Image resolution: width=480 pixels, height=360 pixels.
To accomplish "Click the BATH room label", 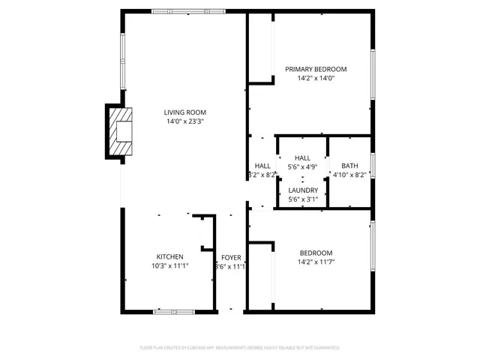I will [349, 166].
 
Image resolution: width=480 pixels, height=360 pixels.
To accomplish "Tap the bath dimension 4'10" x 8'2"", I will [349, 175].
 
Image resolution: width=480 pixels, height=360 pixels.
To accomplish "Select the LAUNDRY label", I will [303, 190].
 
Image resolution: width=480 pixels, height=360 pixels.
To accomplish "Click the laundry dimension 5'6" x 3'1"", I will [303, 199].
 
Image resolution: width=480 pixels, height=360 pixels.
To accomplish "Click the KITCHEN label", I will [169, 256].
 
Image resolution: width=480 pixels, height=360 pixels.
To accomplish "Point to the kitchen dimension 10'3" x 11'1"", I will [169, 265].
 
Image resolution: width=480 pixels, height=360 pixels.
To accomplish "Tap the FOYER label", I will [231, 257].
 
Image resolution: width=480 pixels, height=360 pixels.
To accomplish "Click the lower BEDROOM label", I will [316, 253].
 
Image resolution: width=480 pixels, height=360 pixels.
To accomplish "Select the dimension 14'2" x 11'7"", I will [316, 262].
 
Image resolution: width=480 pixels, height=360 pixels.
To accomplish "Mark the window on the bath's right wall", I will [372, 166].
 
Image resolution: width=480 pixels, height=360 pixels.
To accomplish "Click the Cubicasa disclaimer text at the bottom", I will [240, 348].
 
